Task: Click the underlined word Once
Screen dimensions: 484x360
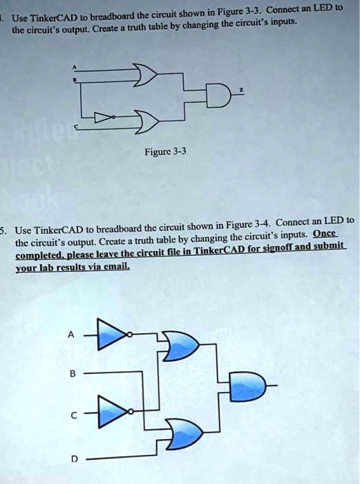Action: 325,234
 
